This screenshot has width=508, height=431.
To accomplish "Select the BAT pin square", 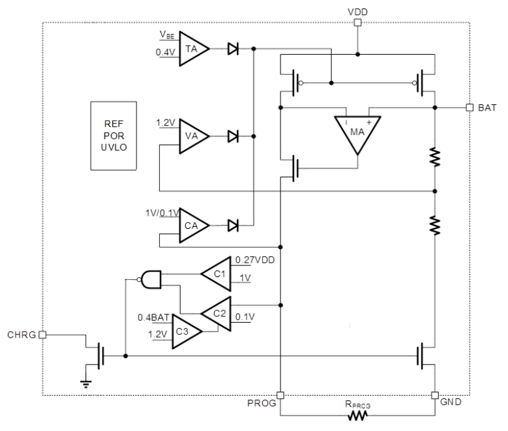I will (x=470, y=108).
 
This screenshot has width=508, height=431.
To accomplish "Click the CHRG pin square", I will (x=42, y=335).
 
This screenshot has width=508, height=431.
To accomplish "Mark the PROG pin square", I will (x=280, y=395).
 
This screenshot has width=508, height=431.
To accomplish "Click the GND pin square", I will (x=435, y=395).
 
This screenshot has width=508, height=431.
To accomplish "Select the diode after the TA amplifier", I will (x=233, y=48).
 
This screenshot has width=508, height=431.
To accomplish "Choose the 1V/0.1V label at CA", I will (x=163, y=213).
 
